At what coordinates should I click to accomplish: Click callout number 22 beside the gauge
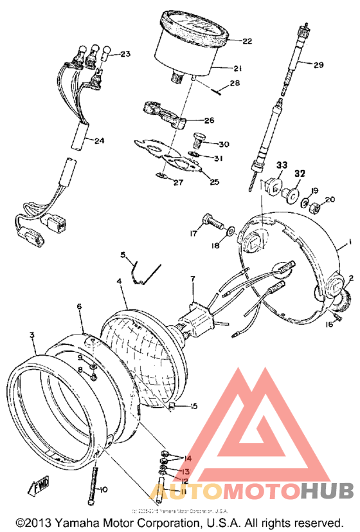point(247,42)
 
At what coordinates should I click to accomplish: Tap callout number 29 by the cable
point(319,64)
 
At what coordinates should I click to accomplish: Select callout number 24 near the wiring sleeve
point(98,141)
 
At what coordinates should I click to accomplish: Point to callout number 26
point(210,120)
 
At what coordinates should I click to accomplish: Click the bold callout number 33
point(281,166)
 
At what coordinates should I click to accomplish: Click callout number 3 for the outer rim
point(32,335)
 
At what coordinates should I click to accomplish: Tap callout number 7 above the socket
point(191,279)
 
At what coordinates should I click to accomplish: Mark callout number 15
point(195,406)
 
